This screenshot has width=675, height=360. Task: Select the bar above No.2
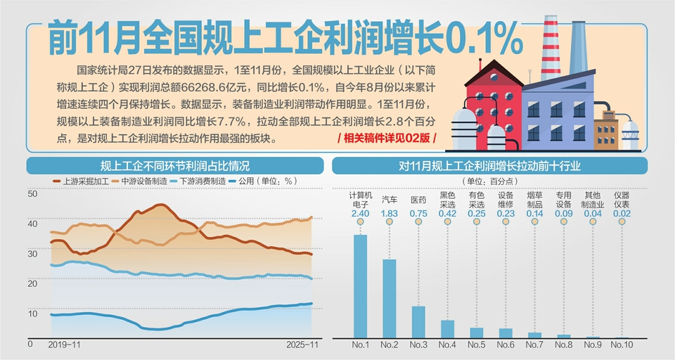point(389,299)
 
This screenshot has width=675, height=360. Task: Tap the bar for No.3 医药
point(418,322)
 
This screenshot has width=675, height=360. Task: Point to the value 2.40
point(360,213)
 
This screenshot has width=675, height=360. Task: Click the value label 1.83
point(389,213)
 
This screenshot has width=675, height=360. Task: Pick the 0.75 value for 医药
point(418,213)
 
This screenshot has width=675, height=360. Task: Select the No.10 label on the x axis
point(622,345)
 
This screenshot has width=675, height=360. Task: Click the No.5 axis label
point(477,345)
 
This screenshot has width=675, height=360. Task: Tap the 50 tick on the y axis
point(32,193)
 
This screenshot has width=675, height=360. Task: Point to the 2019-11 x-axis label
point(65,345)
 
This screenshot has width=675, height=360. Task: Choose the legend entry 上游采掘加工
point(83,181)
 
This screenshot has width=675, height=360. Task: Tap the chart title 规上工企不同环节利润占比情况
point(174,166)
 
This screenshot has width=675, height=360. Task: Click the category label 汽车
point(389,199)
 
